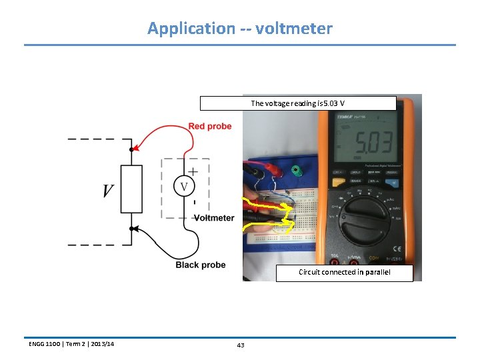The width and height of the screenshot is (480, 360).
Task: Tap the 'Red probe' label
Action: [x=210, y=126]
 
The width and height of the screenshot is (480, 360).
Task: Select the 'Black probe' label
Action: [x=201, y=265]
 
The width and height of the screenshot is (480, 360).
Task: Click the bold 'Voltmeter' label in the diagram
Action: [x=214, y=218]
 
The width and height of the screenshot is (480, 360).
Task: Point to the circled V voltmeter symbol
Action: [x=185, y=185]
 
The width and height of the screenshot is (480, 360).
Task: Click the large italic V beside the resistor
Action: [x=107, y=190]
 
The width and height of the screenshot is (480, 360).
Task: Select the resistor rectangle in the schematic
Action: [x=131, y=189]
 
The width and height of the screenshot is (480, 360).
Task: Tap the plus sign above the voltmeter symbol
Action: [x=193, y=171]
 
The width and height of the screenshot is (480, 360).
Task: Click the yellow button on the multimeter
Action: [x=338, y=181]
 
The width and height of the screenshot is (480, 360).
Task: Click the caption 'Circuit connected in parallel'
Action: [x=344, y=272]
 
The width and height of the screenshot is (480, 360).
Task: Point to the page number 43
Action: [x=241, y=345]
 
